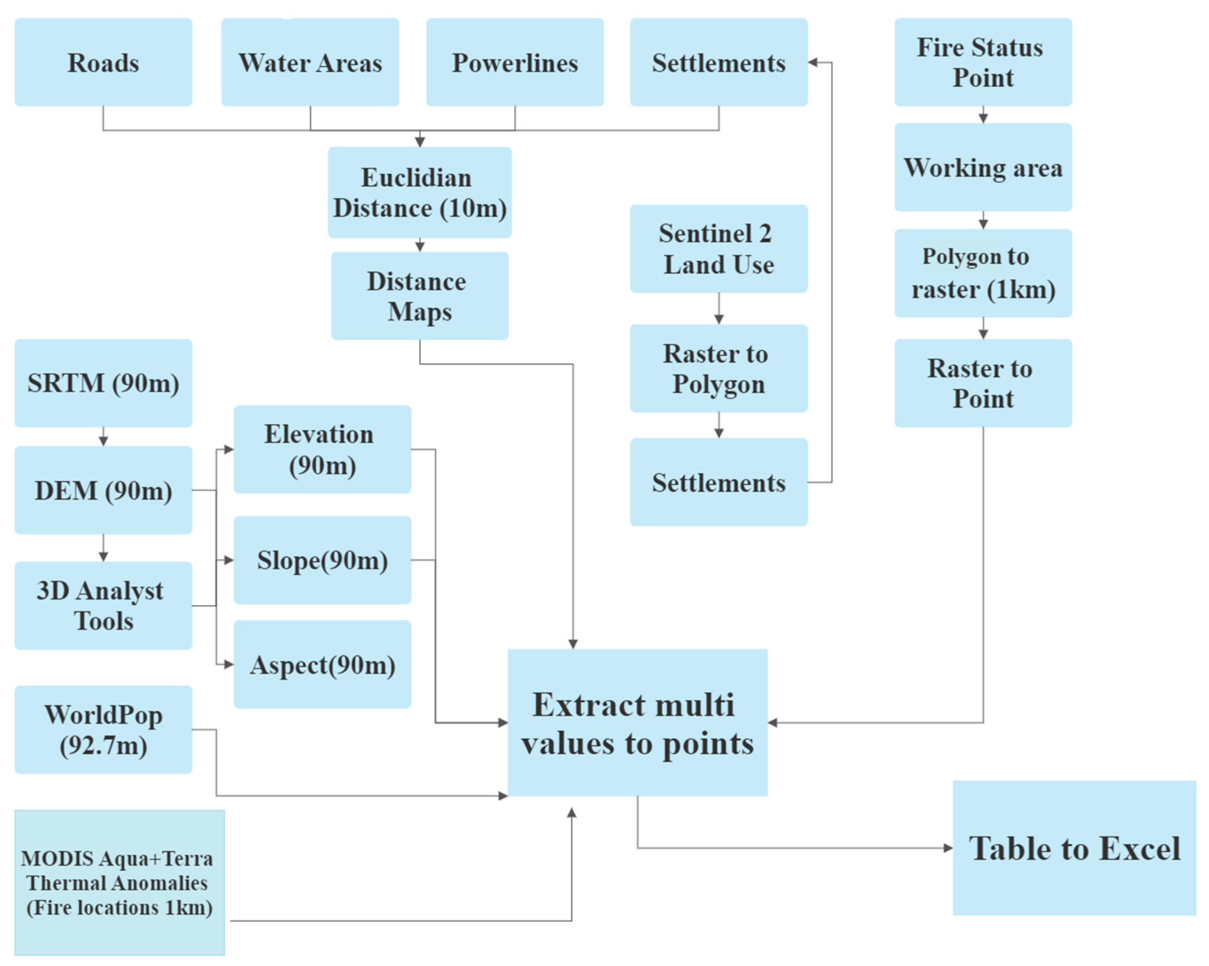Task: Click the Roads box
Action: point(103,62)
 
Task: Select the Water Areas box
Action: point(310,62)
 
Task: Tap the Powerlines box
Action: point(515,62)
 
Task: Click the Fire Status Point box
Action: point(983,62)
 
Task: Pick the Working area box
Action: point(983,167)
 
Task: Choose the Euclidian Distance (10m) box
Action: point(420,192)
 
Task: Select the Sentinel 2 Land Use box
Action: point(718,249)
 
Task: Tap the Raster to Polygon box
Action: point(718,368)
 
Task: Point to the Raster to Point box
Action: point(983,383)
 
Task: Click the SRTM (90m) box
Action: point(103,383)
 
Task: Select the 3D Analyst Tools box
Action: point(103,605)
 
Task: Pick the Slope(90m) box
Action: point(322,560)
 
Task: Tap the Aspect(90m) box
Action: point(322,664)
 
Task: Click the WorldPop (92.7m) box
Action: point(103,729)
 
